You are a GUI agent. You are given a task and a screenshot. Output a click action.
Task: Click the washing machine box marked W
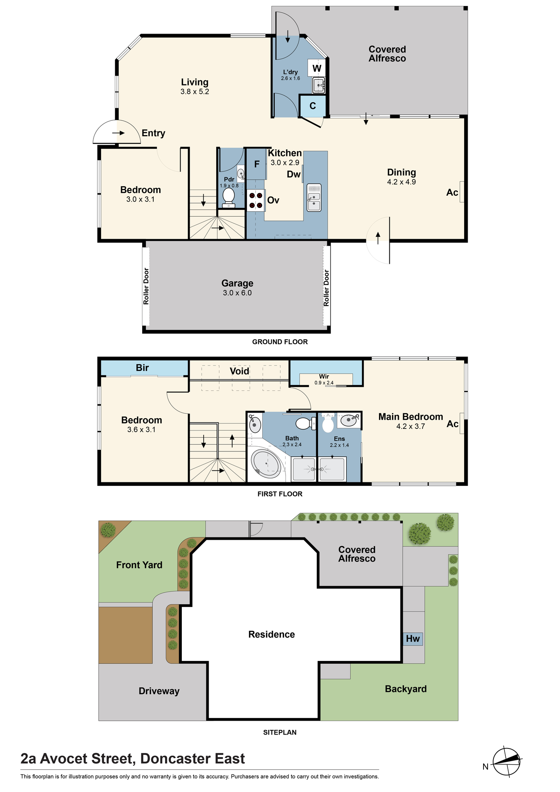pos(316,68)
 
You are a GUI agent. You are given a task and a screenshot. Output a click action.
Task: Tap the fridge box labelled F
pos(257,164)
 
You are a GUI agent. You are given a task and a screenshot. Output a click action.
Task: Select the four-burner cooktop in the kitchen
pos(255,200)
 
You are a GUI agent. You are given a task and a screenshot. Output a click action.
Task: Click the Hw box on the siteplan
pos(413,638)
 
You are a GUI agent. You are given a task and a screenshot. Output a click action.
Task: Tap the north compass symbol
pos(507,762)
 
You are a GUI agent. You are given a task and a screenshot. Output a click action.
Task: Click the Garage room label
pos(237,283)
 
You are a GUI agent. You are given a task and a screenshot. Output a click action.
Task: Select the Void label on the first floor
pos(240,371)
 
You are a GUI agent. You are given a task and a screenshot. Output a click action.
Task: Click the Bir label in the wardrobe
pos(142,367)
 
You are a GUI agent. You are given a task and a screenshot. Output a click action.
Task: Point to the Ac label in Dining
pos(452,192)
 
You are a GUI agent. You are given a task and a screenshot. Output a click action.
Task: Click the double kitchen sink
pos(314,197)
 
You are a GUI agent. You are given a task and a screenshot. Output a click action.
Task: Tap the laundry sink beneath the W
pos(318,85)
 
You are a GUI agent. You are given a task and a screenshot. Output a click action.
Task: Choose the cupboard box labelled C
pos(312,106)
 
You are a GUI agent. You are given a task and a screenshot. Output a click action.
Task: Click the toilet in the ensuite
pos(328,423)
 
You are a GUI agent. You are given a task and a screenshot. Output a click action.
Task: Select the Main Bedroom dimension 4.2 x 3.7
pos(411,426)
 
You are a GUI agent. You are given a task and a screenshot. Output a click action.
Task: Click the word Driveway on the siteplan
pos(159,691)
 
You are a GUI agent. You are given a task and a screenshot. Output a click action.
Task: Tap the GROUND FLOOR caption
pos(280,342)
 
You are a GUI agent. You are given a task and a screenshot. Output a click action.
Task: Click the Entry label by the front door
pos(153,133)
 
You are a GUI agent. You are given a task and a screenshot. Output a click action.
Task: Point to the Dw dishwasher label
pos(294,174)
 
